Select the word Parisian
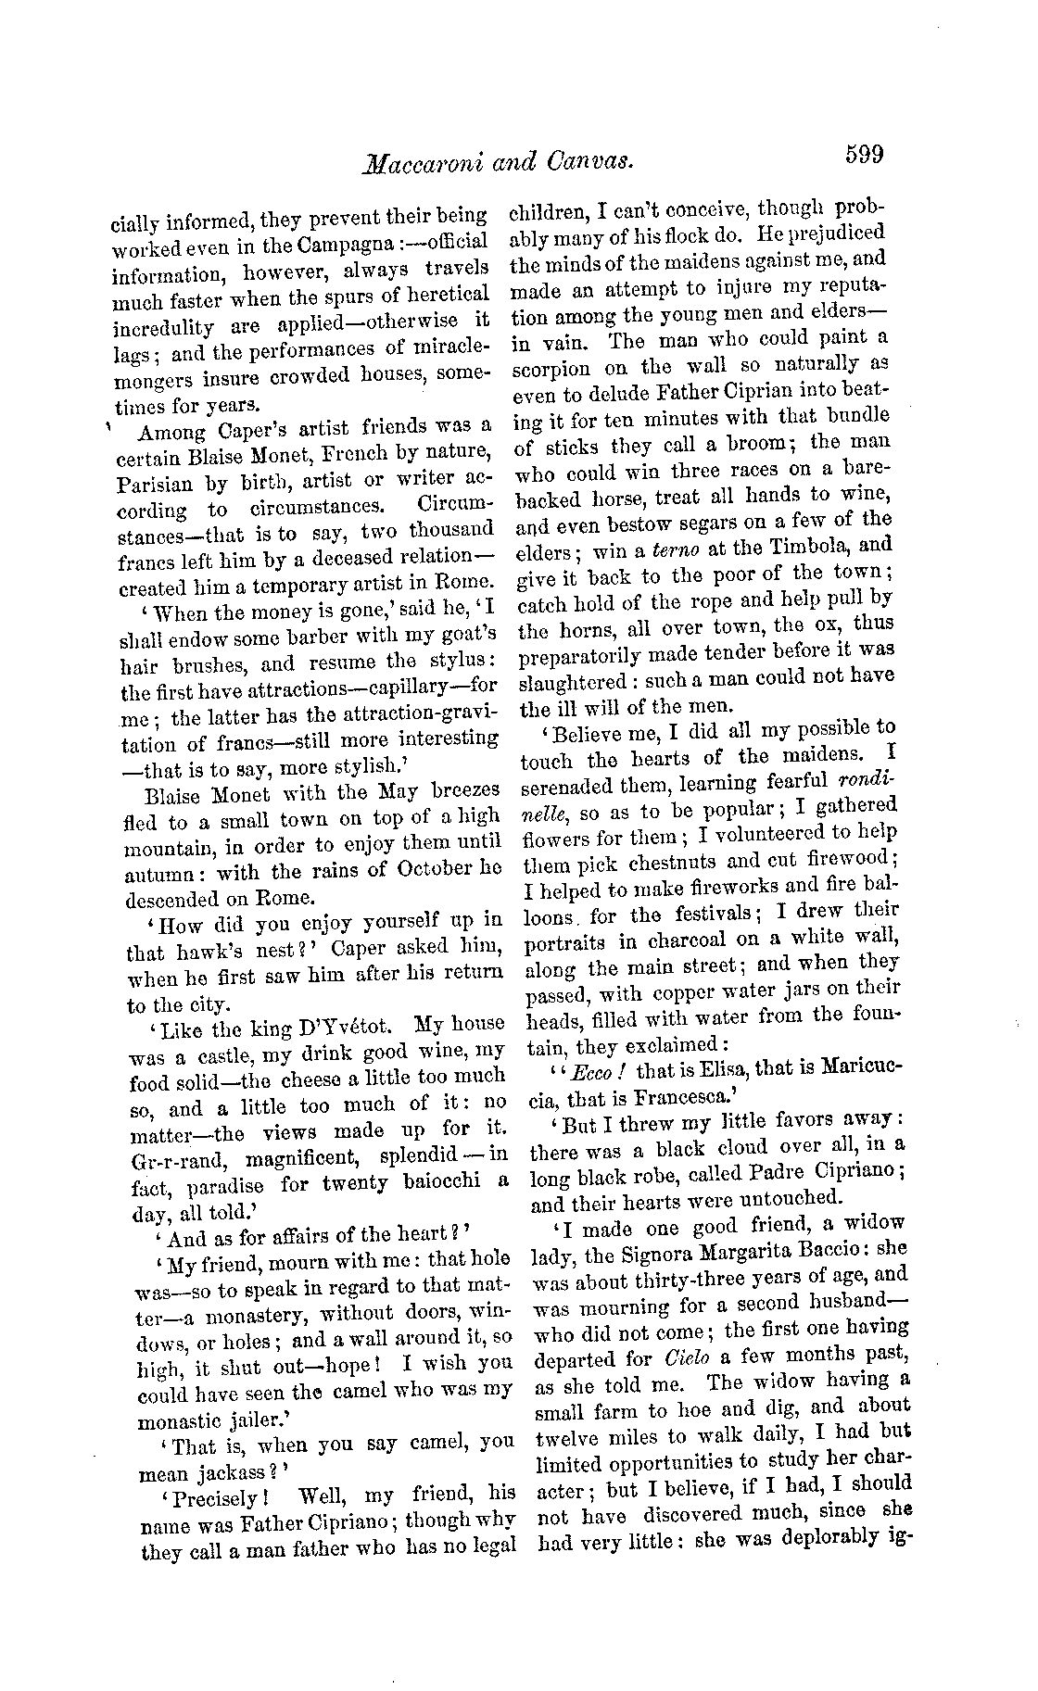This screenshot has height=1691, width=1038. [x=156, y=483]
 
